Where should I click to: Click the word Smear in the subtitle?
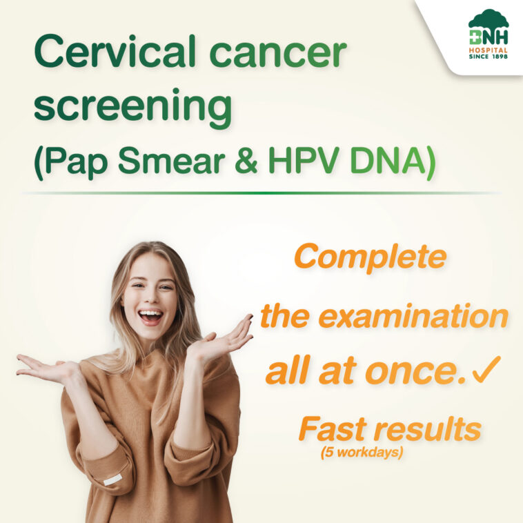coord(171,161)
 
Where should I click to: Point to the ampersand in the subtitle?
coord(246,161)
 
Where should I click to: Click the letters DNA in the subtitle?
coord(388,161)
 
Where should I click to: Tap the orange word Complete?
coord(370,257)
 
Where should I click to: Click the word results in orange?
coord(428,429)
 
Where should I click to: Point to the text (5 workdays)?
coord(362,453)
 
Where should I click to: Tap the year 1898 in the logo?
coord(499,57)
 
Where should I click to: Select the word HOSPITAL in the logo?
coord(489,50)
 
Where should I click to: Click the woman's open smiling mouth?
coord(151,316)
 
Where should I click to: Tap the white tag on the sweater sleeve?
coord(112,480)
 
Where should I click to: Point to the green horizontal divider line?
coord(261,193)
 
